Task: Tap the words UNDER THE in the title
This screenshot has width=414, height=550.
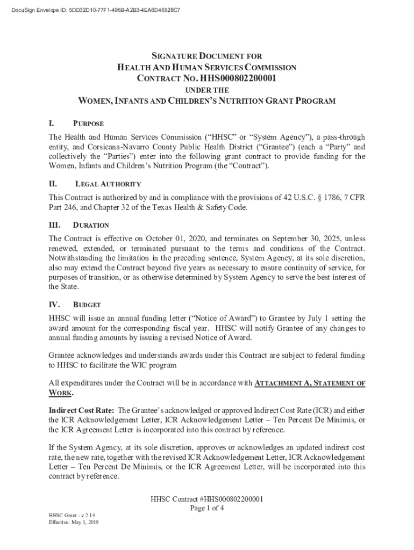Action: (x=207, y=90)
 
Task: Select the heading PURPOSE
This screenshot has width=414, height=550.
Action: (x=89, y=124)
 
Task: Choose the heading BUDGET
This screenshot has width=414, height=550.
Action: (x=87, y=305)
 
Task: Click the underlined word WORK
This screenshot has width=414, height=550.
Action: (x=60, y=393)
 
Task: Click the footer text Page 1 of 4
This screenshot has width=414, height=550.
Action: (x=207, y=508)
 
